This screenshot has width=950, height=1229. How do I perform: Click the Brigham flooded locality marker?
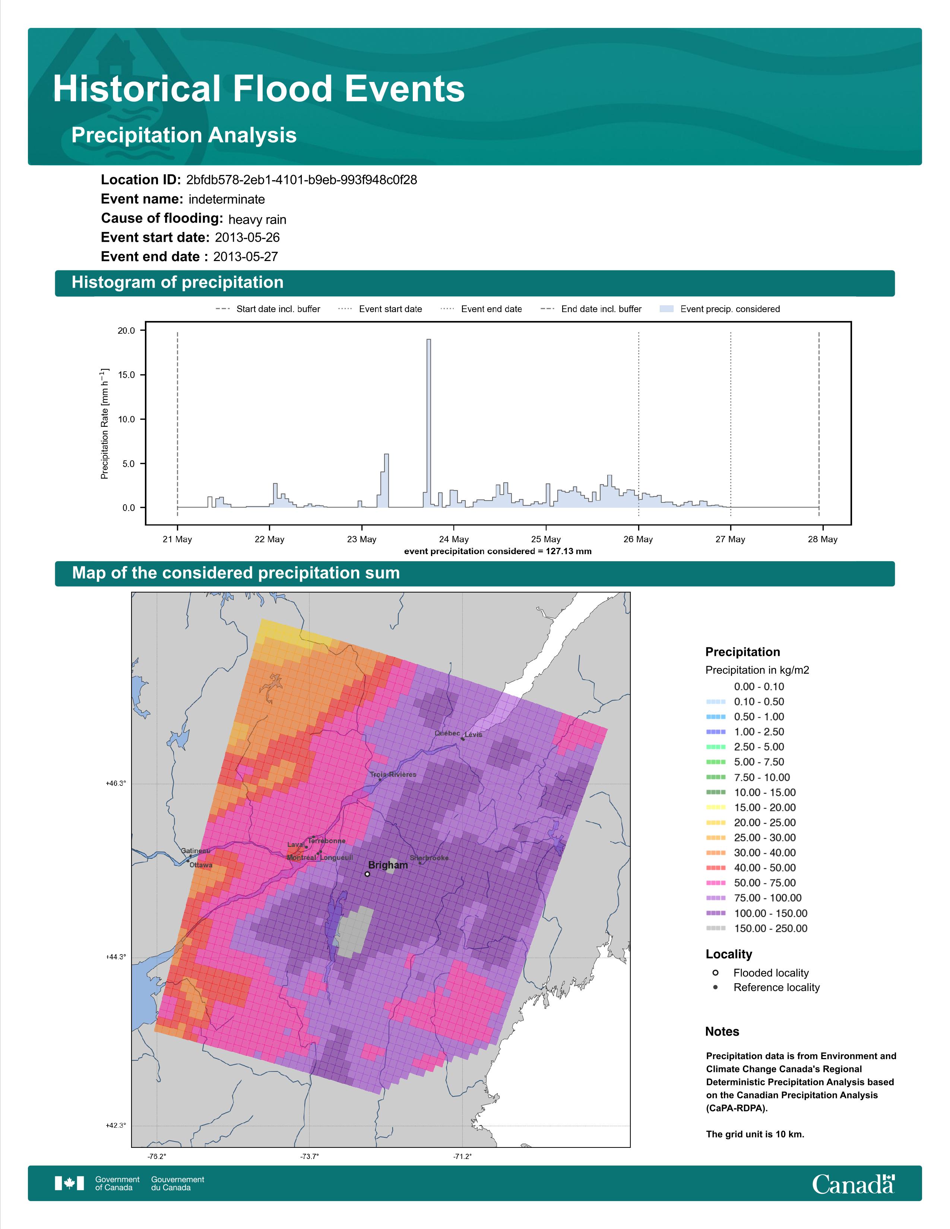coord(367,874)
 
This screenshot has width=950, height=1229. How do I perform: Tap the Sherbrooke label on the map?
coord(430,858)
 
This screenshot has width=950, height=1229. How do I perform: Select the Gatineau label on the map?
coord(195,851)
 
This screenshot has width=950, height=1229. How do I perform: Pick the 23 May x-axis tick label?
coord(361,539)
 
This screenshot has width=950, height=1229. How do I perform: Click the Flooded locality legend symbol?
coord(715,972)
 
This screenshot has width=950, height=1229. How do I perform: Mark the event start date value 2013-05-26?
coord(247,238)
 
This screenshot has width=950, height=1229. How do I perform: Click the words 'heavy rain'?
coord(257,219)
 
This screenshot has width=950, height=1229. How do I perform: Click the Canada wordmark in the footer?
coord(853,1184)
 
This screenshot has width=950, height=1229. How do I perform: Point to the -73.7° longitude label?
coord(309,1156)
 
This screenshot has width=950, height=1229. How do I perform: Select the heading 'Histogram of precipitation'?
coord(177,283)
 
